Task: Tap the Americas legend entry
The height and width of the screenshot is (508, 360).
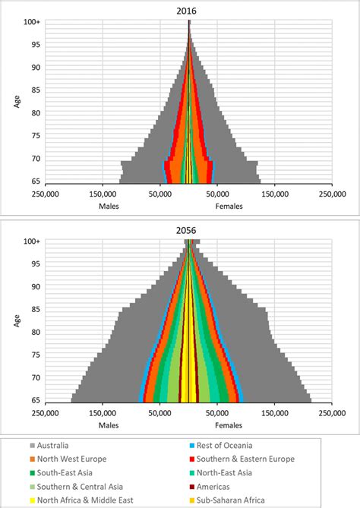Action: [x=219, y=486]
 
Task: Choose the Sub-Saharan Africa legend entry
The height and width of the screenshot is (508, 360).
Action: [x=235, y=500]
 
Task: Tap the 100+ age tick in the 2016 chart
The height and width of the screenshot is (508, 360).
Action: [x=33, y=23]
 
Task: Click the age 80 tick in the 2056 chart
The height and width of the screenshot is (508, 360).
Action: [x=36, y=332]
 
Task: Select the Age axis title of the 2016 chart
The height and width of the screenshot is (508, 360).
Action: [x=17, y=100]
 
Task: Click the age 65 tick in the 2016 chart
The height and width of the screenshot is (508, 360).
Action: [x=36, y=182]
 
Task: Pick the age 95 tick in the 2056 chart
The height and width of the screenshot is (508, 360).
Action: [x=36, y=264]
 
